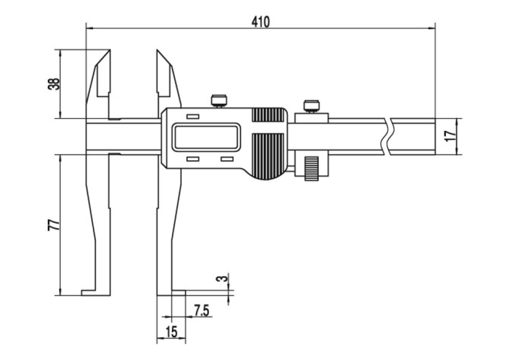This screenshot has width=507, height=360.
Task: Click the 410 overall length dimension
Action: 260,22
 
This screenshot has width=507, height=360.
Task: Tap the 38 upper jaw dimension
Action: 54,84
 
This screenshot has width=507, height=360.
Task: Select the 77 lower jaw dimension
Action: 54,225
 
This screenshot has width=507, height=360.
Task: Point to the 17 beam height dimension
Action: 451,136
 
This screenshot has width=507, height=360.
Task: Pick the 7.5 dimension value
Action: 202,310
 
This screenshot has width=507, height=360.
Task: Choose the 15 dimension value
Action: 171,332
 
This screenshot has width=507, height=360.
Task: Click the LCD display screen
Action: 206,137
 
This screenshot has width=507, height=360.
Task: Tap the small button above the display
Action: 193,117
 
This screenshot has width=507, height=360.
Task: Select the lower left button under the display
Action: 193,159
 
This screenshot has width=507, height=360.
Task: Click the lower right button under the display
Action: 227,159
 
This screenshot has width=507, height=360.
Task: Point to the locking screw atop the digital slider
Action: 219,101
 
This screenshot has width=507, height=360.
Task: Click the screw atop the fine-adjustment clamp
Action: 311,107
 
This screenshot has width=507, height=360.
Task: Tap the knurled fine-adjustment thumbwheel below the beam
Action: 311,168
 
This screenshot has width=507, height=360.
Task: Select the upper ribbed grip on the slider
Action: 268,115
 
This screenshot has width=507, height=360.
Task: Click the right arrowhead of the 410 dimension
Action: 432,28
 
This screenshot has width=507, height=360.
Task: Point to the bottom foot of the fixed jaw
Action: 96,292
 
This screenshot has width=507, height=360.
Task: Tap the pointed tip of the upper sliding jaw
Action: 157,50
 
